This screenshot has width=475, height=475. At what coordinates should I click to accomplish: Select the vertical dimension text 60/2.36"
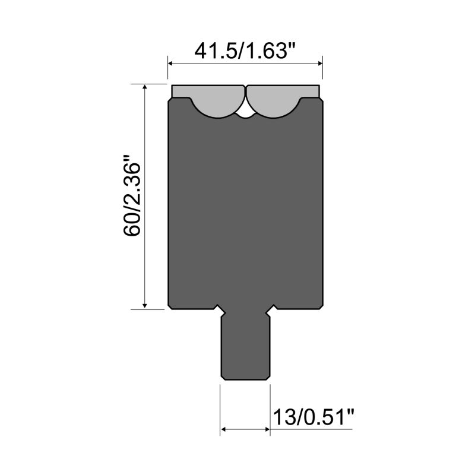[x=132, y=196]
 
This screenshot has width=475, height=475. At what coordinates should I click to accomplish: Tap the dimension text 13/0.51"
[x=313, y=417]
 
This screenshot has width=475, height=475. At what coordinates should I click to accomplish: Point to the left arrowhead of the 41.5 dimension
[x=172, y=62]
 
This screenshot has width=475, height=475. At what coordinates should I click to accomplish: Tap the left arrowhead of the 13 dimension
[x=224, y=429]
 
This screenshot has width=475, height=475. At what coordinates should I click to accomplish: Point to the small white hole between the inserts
[x=245, y=110]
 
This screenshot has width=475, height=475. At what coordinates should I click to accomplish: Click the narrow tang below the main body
[x=245, y=347]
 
